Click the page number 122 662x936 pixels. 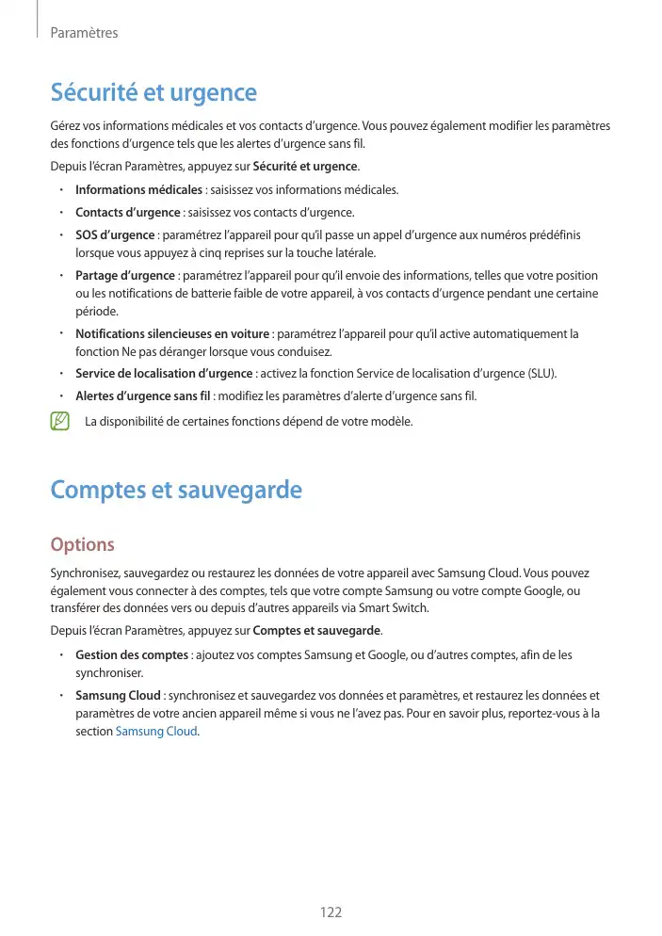(331, 912)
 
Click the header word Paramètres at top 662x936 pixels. (84, 33)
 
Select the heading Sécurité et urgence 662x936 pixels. (153, 93)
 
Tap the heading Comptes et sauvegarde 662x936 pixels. (175, 490)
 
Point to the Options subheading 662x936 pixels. (82, 545)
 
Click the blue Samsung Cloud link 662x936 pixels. (155, 732)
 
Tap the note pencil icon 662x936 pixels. (61, 421)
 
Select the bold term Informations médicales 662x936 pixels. (132, 190)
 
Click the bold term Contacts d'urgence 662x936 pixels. (127, 212)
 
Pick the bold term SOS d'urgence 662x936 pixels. (115, 234)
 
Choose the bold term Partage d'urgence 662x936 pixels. (125, 276)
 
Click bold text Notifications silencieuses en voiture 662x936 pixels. (172, 333)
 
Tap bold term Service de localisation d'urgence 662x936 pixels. (164, 374)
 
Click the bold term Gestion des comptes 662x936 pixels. (132, 654)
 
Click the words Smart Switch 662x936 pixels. (401, 607)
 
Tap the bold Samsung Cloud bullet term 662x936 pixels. (118, 696)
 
